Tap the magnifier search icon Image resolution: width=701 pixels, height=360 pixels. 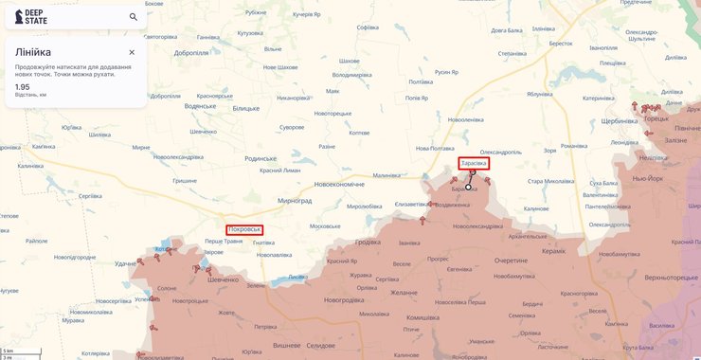coord(133,16)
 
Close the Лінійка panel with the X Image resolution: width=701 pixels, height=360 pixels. coord(132,52)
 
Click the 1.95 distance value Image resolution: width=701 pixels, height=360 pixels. coord(23,86)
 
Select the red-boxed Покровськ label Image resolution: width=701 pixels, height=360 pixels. coord(244,229)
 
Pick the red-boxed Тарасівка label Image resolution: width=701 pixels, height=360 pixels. coord(474,164)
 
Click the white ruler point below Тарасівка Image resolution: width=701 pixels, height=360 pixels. coord(468,188)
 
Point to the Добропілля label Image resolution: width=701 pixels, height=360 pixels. coord(190,53)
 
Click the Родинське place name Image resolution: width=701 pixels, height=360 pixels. coord(260,158)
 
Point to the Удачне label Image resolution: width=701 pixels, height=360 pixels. coord(126,264)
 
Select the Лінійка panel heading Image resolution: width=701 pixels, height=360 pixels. coord(33,52)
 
